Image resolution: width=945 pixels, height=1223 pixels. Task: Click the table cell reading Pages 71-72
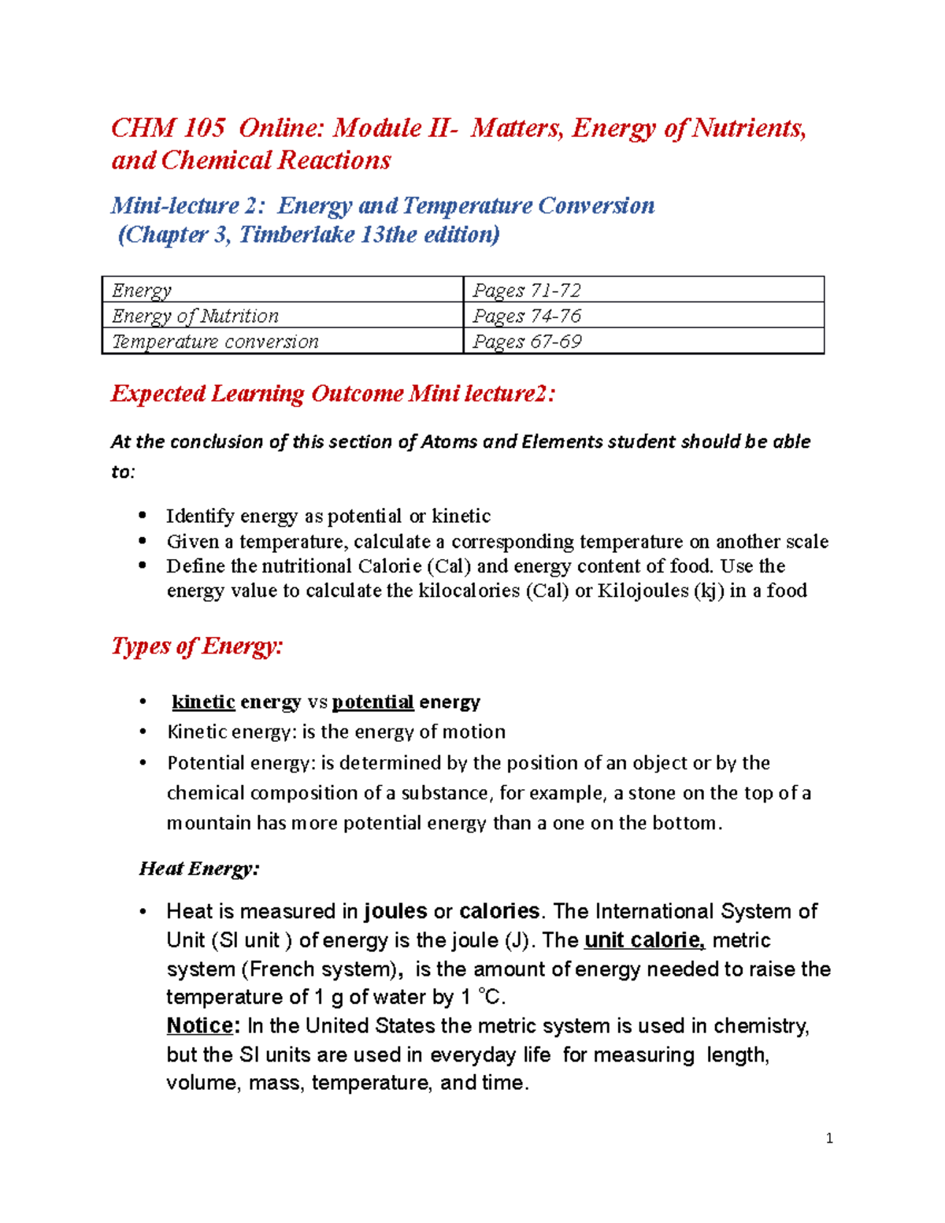click(x=643, y=290)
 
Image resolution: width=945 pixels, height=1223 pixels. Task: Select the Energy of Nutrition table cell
click(x=282, y=316)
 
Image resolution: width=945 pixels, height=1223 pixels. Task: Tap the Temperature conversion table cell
click(x=282, y=341)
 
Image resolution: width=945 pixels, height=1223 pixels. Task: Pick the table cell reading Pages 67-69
click(x=643, y=341)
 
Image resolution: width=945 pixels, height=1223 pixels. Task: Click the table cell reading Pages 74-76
click(x=643, y=316)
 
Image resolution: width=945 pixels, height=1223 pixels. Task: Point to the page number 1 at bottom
click(x=829, y=1138)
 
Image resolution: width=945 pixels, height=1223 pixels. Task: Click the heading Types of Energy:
click(x=197, y=646)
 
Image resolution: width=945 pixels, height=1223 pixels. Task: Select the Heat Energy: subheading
click(x=199, y=869)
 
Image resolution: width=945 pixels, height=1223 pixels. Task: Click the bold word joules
click(x=395, y=911)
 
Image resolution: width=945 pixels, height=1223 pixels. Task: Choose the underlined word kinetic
click(x=203, y=702)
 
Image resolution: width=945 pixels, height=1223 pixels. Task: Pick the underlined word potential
click(x=372, y=702)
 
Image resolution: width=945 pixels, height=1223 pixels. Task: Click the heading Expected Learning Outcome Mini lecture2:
click(x=333, y=393)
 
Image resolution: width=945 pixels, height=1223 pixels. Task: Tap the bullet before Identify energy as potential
click(x=143, y=516)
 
